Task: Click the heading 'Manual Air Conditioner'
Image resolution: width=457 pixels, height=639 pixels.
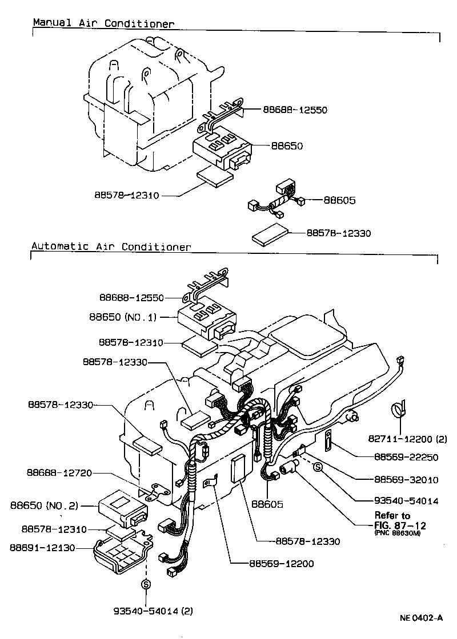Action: [x=103, y=23]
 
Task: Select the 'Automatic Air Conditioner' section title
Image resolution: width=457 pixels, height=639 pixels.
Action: [x=111, y=247]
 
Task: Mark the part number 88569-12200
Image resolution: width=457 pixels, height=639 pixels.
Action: [x=281, y=564]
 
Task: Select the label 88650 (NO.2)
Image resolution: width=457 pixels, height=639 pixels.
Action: [x=43, y=505]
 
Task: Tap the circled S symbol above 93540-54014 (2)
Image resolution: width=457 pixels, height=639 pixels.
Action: [x=146, y=584]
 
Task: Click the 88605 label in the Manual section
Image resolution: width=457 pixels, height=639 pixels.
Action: [x=339, y=200]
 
